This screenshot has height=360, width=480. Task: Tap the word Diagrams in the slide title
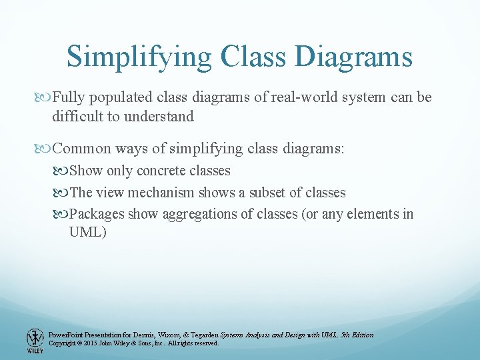[x=353, y=57]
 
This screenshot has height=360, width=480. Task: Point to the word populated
[x=117, y=97]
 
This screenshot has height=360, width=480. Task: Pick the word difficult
[x=76, y=116]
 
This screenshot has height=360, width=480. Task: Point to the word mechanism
[x=163, y=193]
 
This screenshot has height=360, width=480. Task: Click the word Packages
[x=97, y=214]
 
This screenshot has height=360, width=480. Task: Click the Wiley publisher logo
[x=34, y=340]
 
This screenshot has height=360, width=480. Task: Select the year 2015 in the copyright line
[x=93, y=343]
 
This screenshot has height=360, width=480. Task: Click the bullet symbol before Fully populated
[x=45, y=98]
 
